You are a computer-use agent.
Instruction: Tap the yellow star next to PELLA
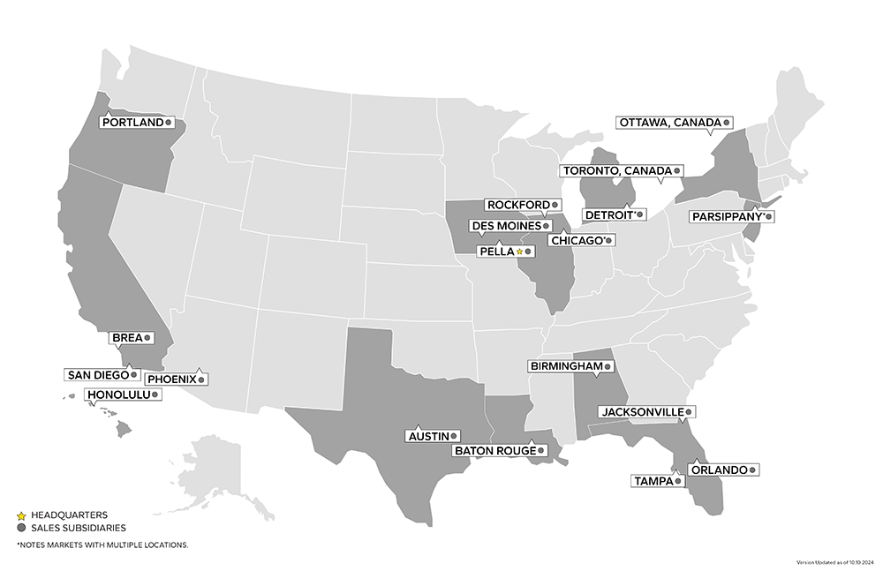(x=519, y=252)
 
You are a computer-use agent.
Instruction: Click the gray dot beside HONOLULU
(x=155, y=394)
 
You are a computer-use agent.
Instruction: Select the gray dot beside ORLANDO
(x=752, y=470)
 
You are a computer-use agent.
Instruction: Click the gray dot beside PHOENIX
(x=201, y=379)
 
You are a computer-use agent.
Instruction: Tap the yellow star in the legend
(x=20, y=515)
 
